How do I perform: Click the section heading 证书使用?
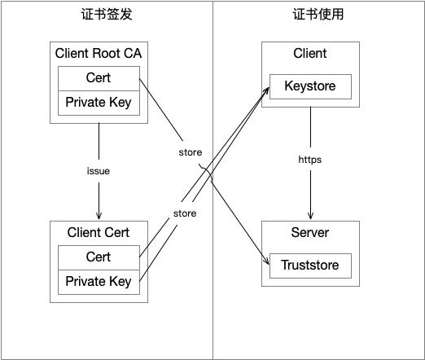pos(318,15)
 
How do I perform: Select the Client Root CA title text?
pos(99,54)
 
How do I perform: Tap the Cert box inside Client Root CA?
pos(99,79)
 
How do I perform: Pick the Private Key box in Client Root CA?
pos(99,103)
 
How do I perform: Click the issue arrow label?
pos(99,171)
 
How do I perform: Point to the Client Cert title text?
pos(99,232)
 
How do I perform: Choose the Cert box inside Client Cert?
pos(99,257)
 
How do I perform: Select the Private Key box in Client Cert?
pos(99,282)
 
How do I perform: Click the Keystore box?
pos(310,86)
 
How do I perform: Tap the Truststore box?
pos(310,265)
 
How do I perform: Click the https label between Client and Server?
pos(310,160)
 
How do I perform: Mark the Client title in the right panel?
pos(310,54)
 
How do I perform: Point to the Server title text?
pos(310,233)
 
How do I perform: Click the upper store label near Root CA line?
pos(191,152)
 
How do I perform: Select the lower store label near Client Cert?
pos(185,213)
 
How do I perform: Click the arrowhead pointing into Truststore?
pos(265,261)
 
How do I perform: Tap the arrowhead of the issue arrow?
pos(99,215)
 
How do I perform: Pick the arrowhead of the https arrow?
pos(310,215)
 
